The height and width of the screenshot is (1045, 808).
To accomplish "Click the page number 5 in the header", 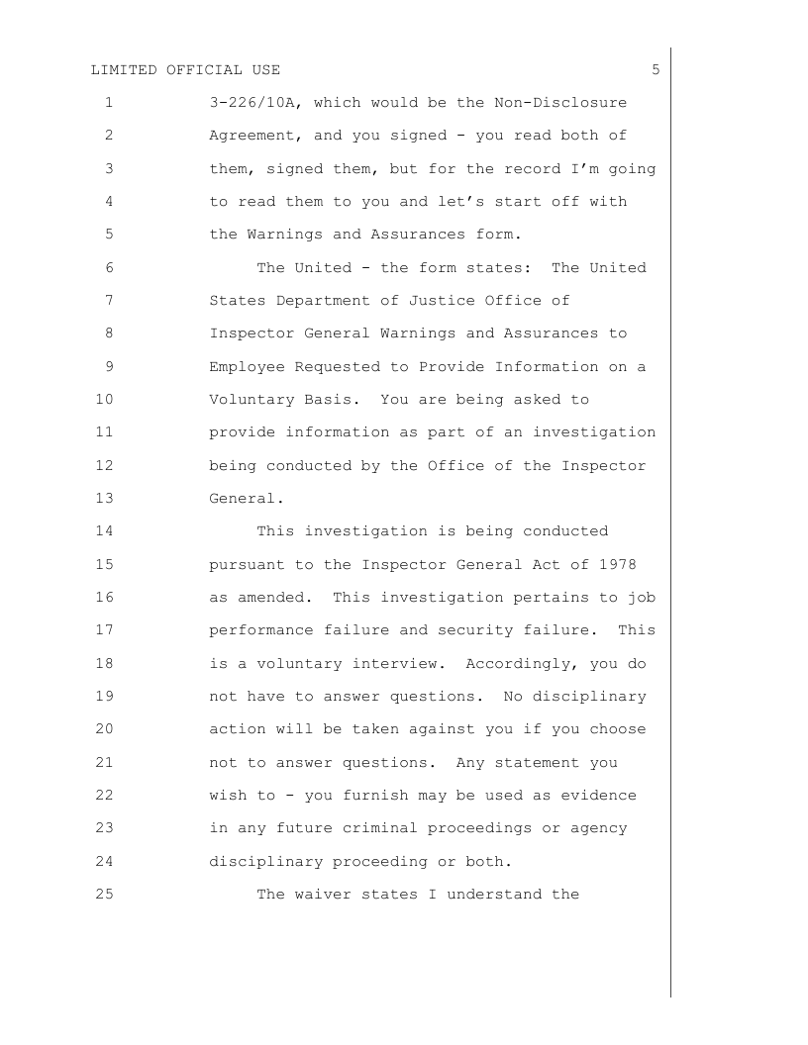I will (656, 69).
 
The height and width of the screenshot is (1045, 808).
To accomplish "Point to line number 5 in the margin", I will (108, 235).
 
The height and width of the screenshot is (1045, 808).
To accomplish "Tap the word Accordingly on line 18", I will (517, 664).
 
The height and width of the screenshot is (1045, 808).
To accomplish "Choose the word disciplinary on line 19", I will (589, 697).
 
